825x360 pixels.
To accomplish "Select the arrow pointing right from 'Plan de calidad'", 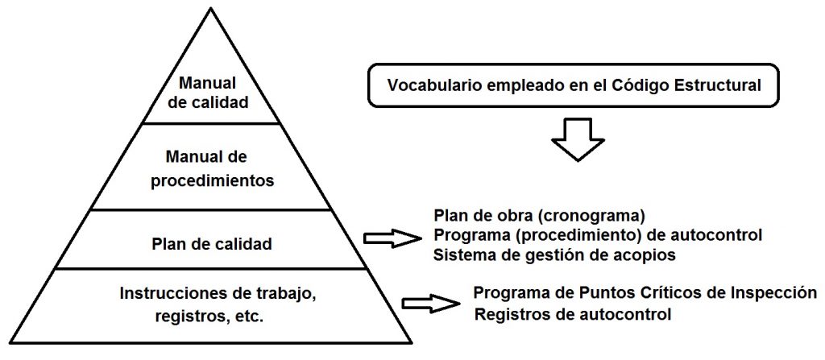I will [392, 238].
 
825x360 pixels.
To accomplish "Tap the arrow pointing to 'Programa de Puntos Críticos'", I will [430, 303].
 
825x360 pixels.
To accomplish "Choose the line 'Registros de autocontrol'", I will [572, 314].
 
